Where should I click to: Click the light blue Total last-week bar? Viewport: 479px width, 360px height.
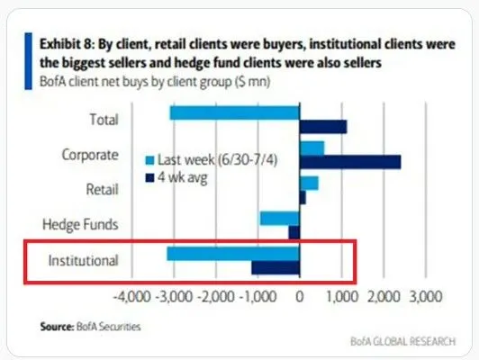click(234, 112)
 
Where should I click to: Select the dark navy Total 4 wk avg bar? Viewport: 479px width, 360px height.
click(322, 126)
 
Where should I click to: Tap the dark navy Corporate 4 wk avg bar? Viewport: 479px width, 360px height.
click(350, 161)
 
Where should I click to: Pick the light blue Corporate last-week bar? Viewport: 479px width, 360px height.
click(312, 147)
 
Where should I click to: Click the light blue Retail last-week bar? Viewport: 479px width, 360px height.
click(309, 183)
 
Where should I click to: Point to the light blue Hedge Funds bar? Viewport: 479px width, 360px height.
click(279, 218)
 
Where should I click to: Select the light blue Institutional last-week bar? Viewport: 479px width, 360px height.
click(233, 254)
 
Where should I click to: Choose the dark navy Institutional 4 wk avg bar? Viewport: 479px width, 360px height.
click(276, 267)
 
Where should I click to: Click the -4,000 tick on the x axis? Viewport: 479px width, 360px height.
click(131, 295)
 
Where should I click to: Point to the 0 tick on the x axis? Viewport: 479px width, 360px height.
click(300, 295)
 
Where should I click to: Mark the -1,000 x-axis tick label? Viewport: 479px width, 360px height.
click(258, 295)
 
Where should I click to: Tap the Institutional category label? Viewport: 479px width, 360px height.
click(83, 261)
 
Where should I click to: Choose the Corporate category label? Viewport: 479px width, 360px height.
click(89, 154)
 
